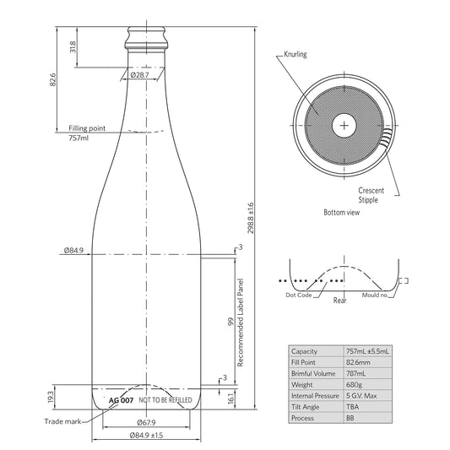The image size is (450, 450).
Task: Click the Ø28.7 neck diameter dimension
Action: pos(140,75)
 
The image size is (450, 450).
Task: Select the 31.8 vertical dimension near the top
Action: pos(73,47)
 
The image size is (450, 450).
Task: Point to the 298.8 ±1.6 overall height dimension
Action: pos(251,218)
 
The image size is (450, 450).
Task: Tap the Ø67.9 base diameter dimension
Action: pos(146,422)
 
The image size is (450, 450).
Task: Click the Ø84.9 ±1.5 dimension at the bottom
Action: pos(146,436)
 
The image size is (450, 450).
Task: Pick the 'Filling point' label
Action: pos(87,128)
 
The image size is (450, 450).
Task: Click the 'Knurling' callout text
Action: pos(295,54)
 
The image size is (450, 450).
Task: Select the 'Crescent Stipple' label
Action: pos(371,195)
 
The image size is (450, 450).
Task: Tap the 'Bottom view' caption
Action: pos(342,213)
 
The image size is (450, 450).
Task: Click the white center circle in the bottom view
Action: pos(344,126)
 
